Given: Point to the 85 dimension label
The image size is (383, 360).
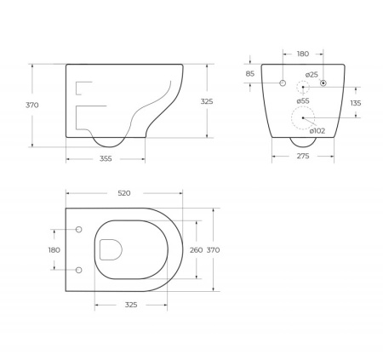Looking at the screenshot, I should click(250, 73).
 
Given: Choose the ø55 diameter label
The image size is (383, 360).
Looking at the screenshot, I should click(304, 100).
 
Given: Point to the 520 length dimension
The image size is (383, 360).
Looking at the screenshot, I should click(123, 193).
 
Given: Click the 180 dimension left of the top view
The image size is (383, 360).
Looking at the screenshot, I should click(54, 249).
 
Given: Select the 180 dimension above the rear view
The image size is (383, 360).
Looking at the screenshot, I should click(303, 54).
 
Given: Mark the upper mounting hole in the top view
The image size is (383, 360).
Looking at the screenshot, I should click(79, 230).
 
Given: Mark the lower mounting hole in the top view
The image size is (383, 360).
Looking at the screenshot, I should click(79, 270).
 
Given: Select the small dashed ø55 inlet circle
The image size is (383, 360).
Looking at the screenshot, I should click(302, 88).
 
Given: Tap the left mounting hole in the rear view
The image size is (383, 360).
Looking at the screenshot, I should click(282, 83).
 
